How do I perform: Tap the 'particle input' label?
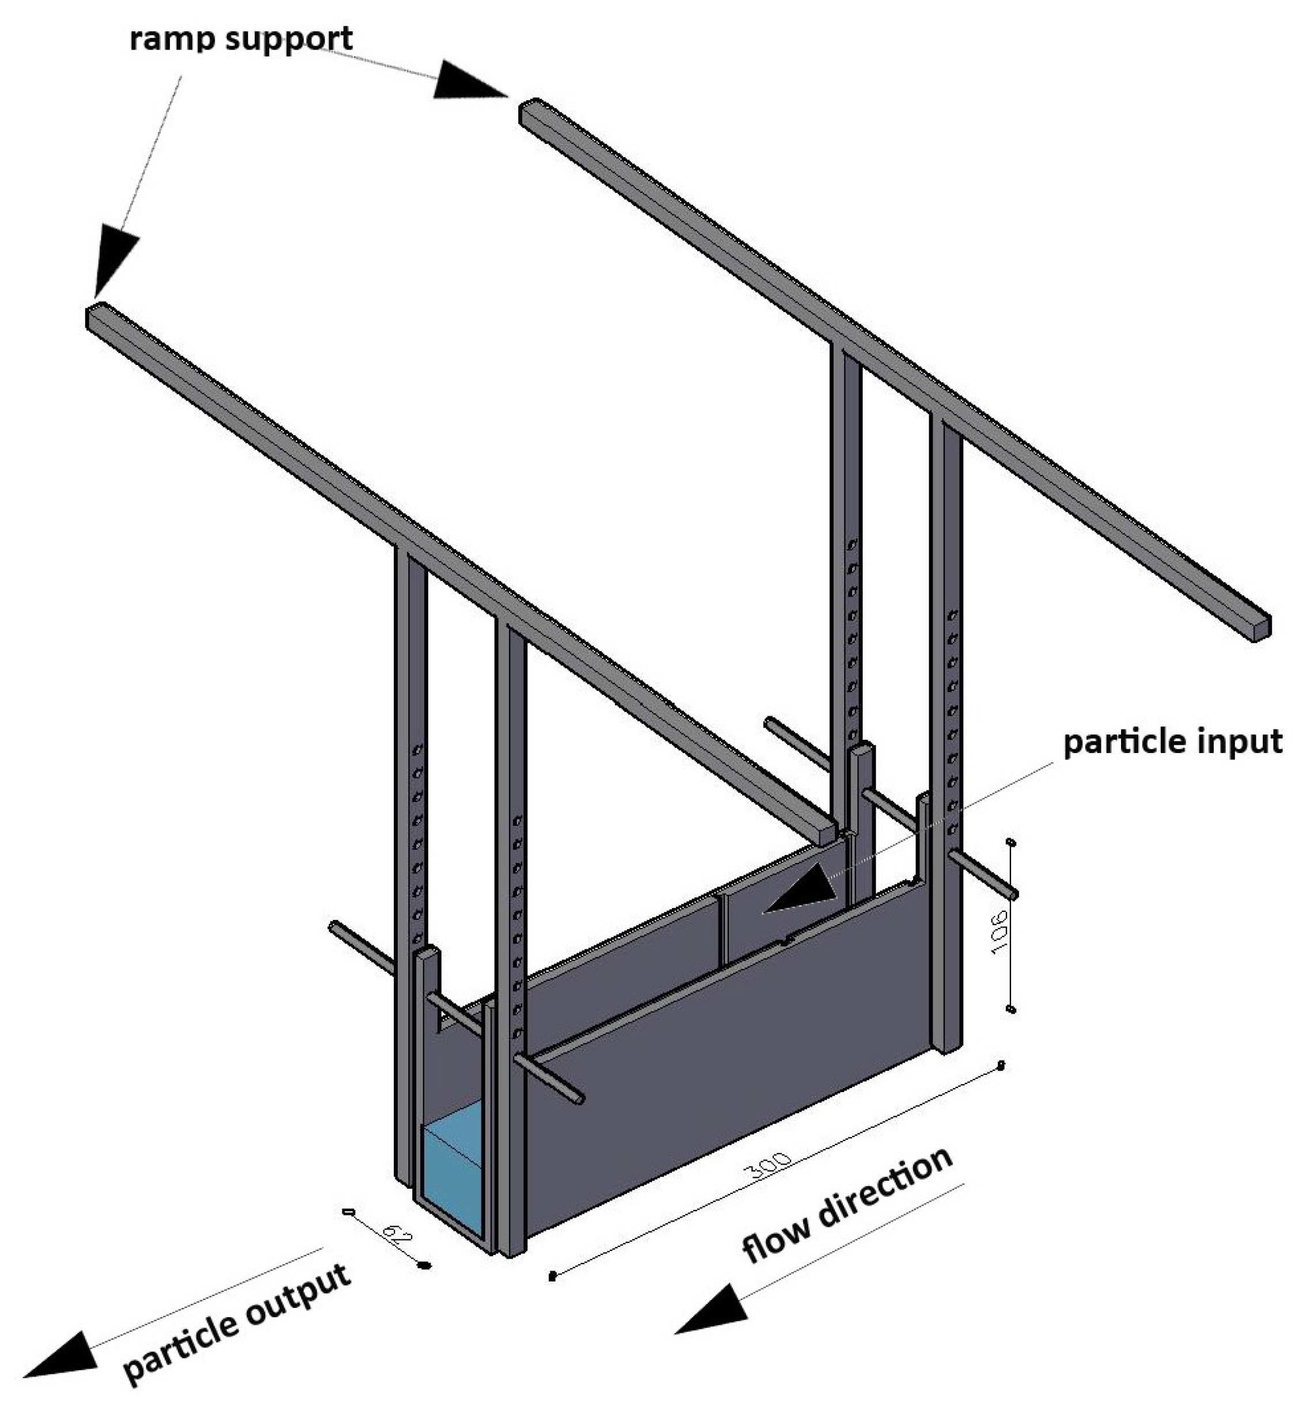point(1172,741)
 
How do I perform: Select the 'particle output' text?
point(237,1321)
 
